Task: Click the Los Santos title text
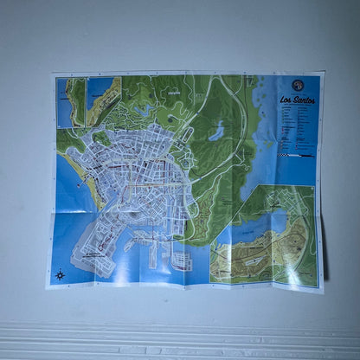[x=298, y=100]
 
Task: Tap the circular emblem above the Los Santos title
[x=297, y=84]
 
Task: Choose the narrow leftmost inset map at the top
[x=70, y=102]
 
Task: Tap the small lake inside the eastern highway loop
[x=215, y=132]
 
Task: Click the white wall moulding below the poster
[x=180, y=333]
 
